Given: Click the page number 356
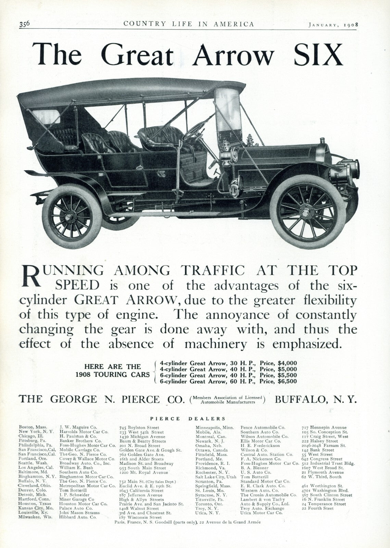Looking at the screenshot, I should click(24, 24).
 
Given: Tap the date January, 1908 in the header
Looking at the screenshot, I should click(333, 24).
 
